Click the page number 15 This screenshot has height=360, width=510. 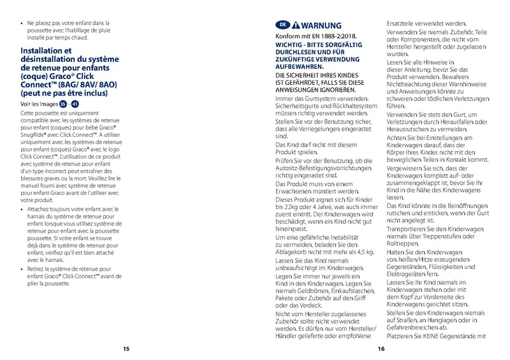tap(126, 349)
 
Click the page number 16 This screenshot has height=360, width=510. tap(381, 349)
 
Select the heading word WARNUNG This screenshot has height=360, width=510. tap(321, 25)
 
